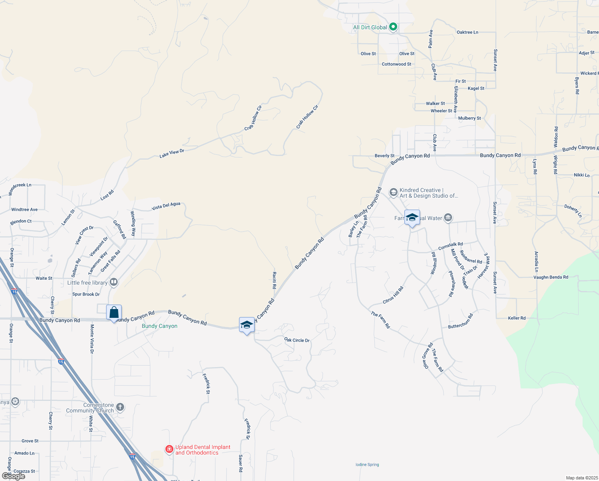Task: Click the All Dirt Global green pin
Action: [x=393, y=27]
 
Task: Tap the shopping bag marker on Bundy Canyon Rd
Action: [x=114, y=313]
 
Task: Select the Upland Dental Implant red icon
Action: [x=169, y=449]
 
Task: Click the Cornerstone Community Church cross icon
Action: [x=120, y=407]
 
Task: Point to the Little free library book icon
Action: [x=114, y=282]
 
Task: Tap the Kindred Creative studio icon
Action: [x=394, y=193]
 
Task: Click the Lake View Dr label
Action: [x=172, y=153]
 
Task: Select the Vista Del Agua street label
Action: [x=166, y=206]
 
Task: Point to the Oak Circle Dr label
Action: [x=297, y=340]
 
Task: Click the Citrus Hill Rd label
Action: [x=393, y=295]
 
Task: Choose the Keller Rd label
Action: [x=517, y=318]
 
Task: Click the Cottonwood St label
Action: [x=396, y=64]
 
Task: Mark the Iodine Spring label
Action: [x=367, y=465]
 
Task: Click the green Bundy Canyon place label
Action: [x=159, y=326]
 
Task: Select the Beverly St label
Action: [x=384, y=156]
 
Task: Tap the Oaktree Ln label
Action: [x=467, y=32]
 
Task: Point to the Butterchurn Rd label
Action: [x=460, y=321]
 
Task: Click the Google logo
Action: [x=14, y=476]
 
